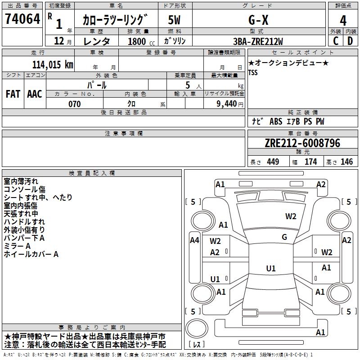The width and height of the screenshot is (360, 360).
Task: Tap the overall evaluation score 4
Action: click(x=343, y=20)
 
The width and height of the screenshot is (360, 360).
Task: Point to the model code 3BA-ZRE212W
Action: click(x=258, y=41)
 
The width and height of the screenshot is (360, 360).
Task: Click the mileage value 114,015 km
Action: click(x=53, y=64)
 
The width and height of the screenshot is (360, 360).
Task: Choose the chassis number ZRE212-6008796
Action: click(x=302, y=143)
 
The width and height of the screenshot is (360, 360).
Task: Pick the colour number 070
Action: click(x=74, y=104)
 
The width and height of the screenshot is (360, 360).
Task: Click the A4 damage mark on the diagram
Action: click(x=194, y=240)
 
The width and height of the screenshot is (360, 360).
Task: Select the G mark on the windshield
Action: click(x=284, y=237)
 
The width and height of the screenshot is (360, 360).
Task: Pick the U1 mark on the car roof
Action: click(x=270, y=269)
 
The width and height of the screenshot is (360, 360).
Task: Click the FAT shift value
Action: click(x=13, y=94)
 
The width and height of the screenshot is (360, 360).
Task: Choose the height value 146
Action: click(x=346, y=162)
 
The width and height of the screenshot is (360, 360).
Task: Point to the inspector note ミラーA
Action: click(x=17, y=246)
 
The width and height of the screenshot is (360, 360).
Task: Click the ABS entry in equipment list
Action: click(x=275, y=121)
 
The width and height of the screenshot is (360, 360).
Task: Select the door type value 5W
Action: click(x=175, y=20)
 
